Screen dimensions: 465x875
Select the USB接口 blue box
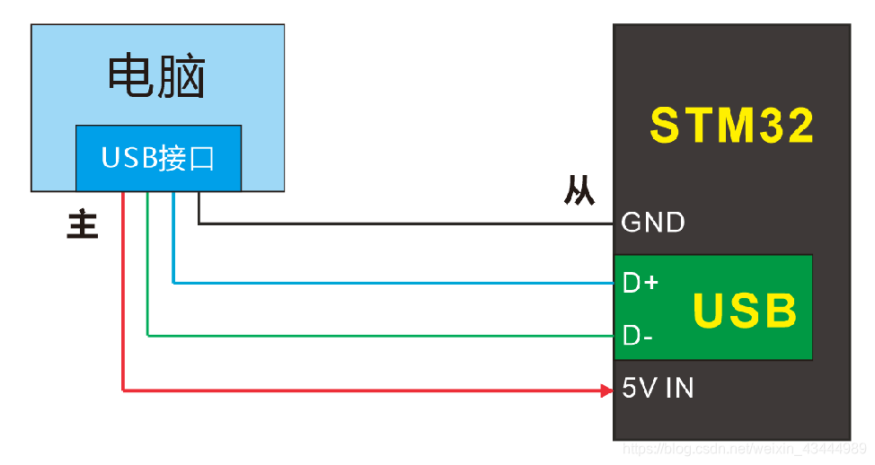click(x=158, y=158)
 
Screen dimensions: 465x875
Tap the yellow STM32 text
click(x=732, y=126)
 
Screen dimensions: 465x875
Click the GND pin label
click(x=653, y=222)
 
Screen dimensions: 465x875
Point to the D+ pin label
click(x=641, y=283)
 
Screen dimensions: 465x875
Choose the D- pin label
click(x=639, y=337)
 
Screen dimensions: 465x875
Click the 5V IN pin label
click(x=658, y=389)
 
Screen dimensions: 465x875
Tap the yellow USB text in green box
click(x=745, y=311)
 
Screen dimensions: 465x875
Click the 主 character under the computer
click(x=83, y=224)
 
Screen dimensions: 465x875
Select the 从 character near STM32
click(x=579, y=191)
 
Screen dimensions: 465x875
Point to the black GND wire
click(x=404, y=223)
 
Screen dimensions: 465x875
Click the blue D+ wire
click(x=395, y=283)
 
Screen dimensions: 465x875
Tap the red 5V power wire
click(x=359, y=390)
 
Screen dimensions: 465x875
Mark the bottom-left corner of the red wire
click(x=123, y=390)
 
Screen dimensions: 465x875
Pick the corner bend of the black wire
click(x=199, y=223)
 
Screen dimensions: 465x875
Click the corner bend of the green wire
click(x=147, y=337)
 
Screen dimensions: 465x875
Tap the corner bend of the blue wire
click(x=173, y=283)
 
